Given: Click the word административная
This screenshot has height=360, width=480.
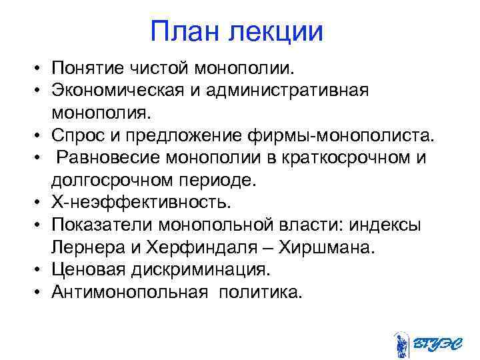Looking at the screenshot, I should click(293, 89).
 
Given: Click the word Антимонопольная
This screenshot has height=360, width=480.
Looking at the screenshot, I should click(126, 291).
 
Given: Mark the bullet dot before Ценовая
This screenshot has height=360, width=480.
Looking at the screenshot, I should click(41, 269).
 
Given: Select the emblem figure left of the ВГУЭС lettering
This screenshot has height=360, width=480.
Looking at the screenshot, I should click(401, 343).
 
